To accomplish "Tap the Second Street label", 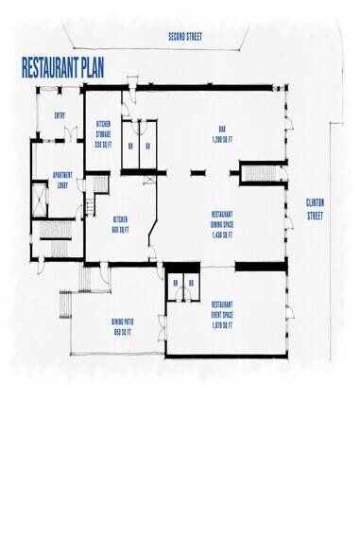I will pos(185,37).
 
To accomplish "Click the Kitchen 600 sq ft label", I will pos(121,223).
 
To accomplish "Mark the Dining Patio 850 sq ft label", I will pos(126,327).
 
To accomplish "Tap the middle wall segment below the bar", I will pos(197,173).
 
